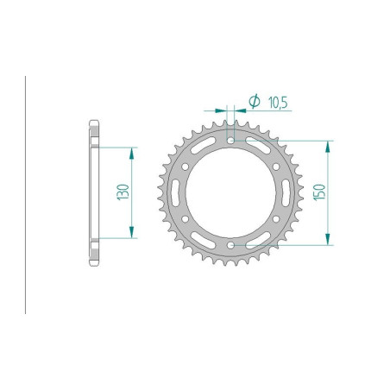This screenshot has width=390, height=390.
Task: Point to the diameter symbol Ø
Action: pos(254,102)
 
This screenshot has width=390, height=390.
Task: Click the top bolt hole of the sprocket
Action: pos(231,139)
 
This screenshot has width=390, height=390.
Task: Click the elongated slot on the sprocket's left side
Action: pos(179,192)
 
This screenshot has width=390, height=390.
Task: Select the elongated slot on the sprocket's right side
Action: pos(283,192)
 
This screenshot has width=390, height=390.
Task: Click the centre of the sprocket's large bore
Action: pos(231,192)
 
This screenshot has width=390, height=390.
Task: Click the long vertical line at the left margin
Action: pos(27,194)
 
